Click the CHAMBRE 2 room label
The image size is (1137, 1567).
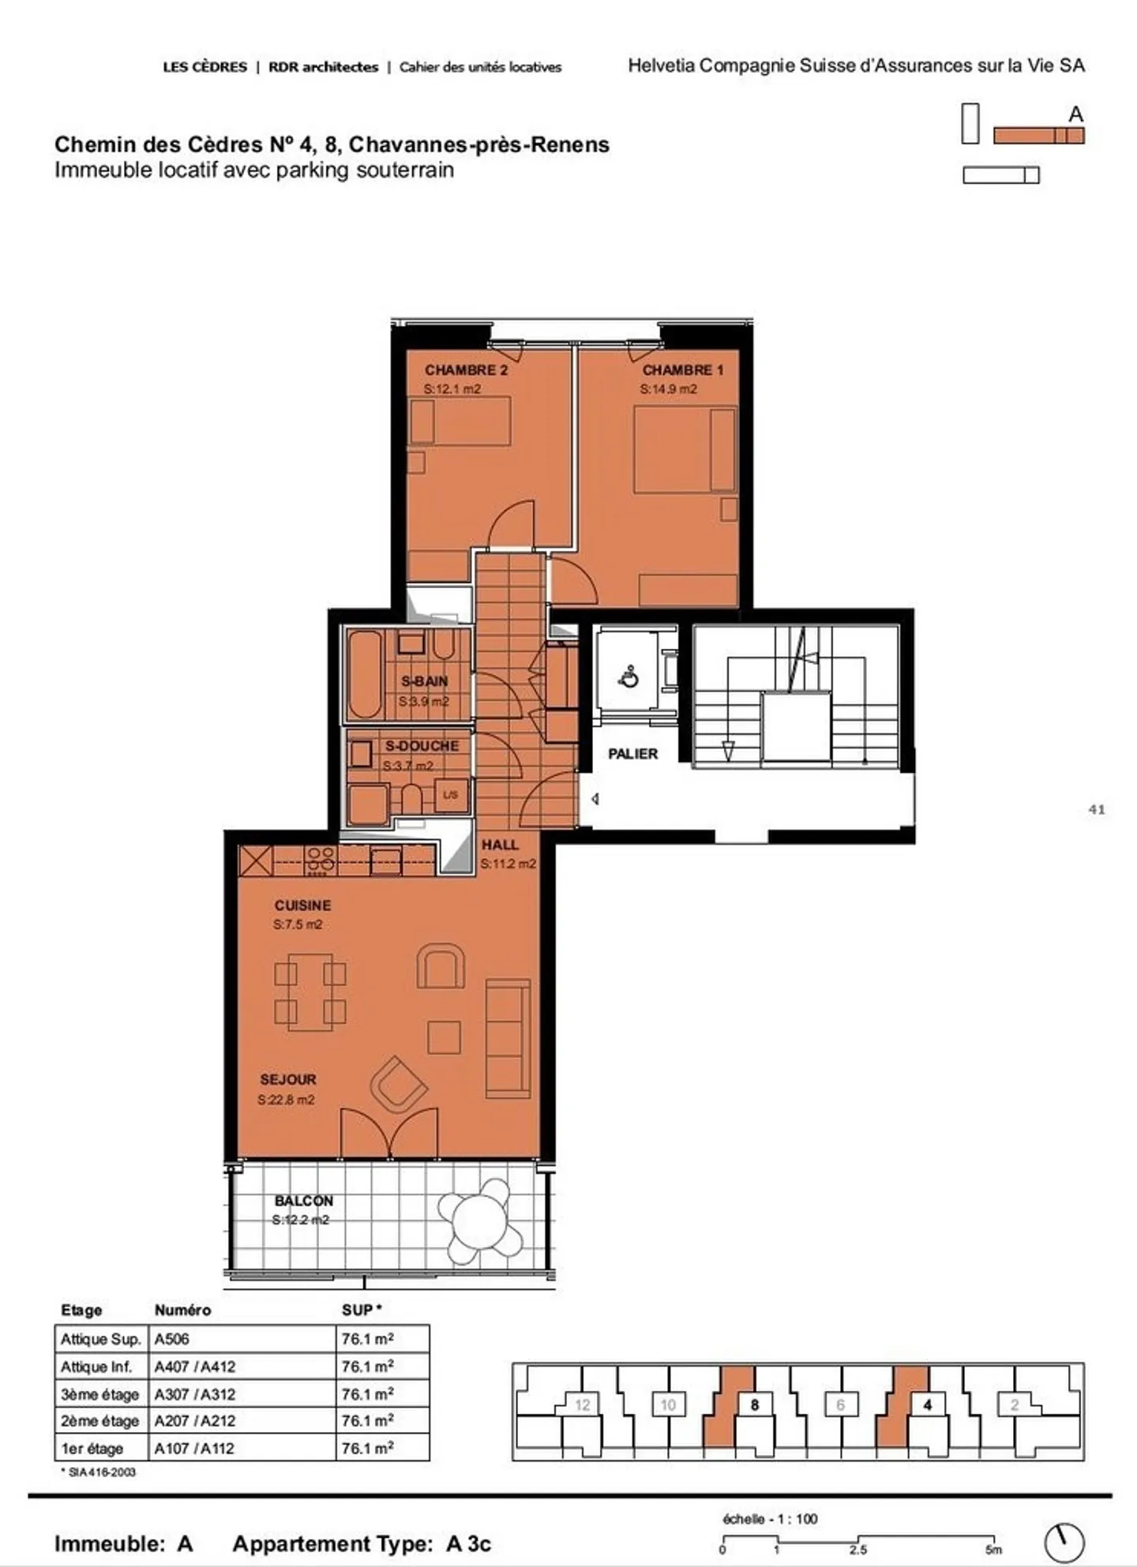[x=466, y=369]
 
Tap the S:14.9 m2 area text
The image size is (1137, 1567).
[x=668, y=389]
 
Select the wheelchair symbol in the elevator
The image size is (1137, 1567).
[x=629, y=677]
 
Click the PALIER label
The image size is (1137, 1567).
[x=632, y=754]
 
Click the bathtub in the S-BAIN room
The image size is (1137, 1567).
[x=365, y=674]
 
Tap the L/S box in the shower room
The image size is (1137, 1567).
[x=451, y=795]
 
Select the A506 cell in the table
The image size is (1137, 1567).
[x=172, y=1339]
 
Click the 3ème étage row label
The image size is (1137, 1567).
[x=99, y=1394]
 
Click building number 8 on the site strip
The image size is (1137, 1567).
[x=755, y=1404]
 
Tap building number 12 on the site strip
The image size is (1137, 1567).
[x=583, y=1404]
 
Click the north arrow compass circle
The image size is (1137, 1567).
[x=1064, y=1543]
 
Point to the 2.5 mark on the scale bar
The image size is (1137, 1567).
[x=858, y=1549]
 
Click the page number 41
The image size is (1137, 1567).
[x=1096, y=809]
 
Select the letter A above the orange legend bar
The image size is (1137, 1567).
[x=1075, y=114]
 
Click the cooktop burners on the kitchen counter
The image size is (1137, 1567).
[x=321, y=860]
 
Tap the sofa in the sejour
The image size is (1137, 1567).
[x=507, y=1038]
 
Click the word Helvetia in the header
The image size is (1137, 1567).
[x=661, y=66]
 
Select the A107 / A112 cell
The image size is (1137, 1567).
[x=195, y=1449]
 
